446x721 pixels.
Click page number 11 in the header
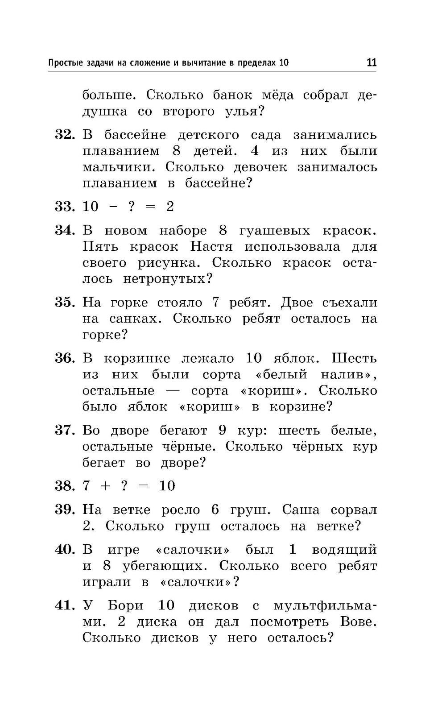[x=371, y=62]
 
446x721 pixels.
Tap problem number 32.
[x=64, y=135]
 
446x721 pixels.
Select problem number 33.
[x=64, y=207]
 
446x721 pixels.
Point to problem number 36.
[x=64, y=358]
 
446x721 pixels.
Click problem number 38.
[x=64, y=486]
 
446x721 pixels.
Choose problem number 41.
[x=64, y=605]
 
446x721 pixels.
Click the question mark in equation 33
[x=132, y=207]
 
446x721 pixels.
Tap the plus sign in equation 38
[x=106, y=486]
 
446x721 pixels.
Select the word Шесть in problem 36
[x=355, y=358]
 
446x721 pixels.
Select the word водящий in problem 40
[x=344, y=550]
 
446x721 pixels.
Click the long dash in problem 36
[x=173, y=391]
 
